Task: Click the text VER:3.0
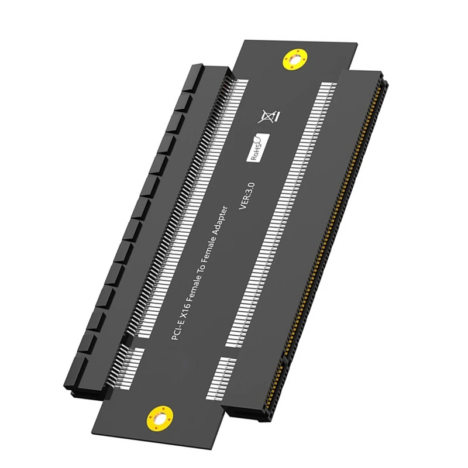(245, 192)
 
